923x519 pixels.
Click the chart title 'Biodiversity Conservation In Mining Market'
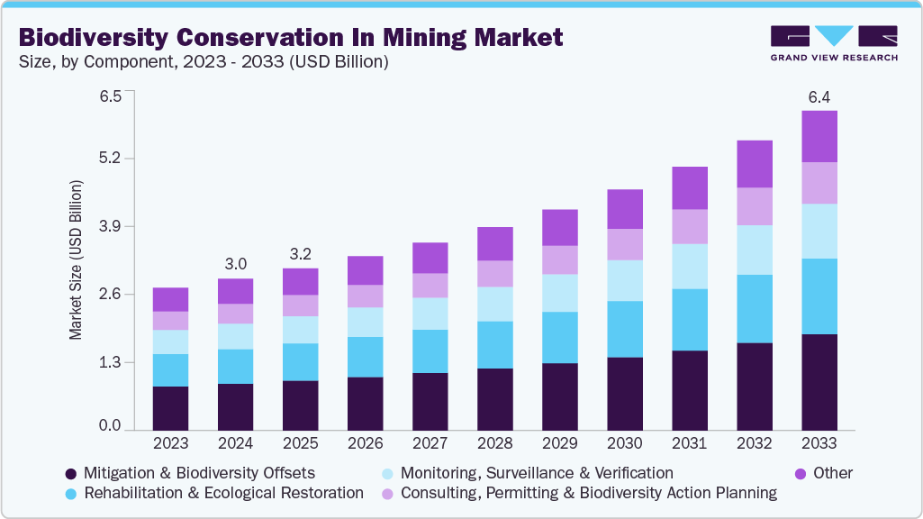290,37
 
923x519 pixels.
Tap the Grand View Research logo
833,43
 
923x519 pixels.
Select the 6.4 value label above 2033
819,96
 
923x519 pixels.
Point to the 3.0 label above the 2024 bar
235,263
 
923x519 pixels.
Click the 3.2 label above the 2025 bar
300,253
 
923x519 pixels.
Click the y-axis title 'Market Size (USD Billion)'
76,260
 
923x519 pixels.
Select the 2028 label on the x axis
494,443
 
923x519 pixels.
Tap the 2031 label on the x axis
689,443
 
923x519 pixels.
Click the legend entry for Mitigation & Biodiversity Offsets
190,473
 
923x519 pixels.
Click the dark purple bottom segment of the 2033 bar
819,382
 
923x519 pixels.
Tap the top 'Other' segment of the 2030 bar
624,209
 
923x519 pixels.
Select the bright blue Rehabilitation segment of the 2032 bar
754,308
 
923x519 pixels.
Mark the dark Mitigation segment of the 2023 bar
170,408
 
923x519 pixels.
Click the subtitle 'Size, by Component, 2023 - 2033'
204,62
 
